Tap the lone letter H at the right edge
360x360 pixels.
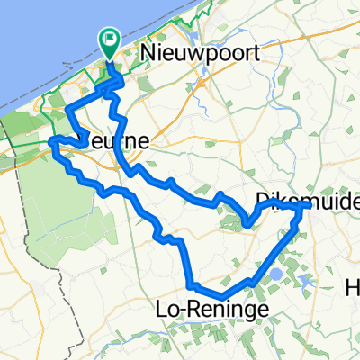pos(353,290)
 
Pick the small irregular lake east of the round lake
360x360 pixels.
pos(307,280)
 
